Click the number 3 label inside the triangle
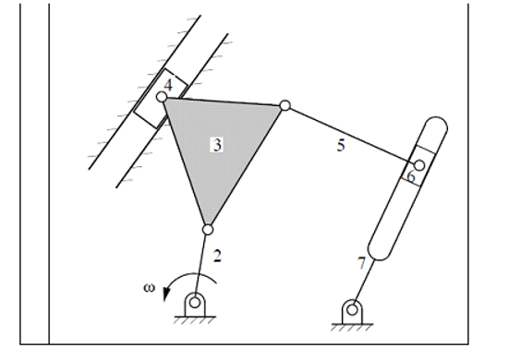tap(217, 144)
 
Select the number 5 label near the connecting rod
tap(340, 146)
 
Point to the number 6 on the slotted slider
tap(411, 175)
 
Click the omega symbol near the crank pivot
tap(149, 286)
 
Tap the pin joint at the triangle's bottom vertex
tap(208, 230)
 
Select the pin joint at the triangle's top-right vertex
tap(285, 105)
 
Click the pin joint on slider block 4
tap(162, 96)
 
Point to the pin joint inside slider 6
tap(418, 165)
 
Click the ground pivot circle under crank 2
tap(194, 300)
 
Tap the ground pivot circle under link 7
tap(350, 309)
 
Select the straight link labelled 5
tap(351, 135)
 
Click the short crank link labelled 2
tap(201, 262)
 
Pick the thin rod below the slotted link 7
tap(363, 281)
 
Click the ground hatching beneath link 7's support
tap(350, 328)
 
